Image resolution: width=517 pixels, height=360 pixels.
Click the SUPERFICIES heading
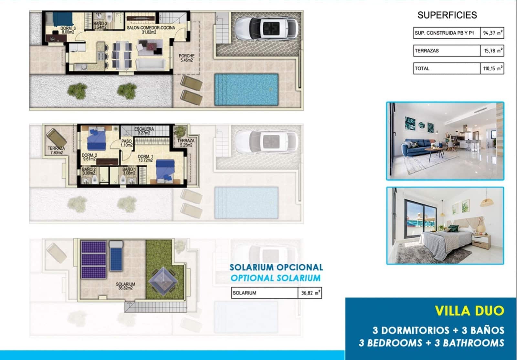[447, 15]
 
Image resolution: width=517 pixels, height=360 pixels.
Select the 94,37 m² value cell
[492, 33]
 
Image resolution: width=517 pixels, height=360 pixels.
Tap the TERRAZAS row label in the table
[427, 51]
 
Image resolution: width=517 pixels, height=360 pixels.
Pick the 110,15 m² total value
[492, 68]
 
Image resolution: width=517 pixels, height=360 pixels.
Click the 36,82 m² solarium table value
[310, 293]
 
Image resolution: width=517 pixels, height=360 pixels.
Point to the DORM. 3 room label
[68, 30]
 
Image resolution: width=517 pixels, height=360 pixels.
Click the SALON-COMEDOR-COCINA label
[151, 30]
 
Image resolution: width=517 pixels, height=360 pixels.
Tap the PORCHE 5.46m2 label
[186, 58]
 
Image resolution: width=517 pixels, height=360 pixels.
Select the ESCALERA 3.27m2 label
[144, 131]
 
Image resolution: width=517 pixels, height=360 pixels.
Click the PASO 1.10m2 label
[126, 143]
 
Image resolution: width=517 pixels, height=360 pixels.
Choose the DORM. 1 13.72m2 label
[145, 158]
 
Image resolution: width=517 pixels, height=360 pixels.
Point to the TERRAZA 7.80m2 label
[56, 150]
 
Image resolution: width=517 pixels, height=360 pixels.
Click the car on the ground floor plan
[266, 29]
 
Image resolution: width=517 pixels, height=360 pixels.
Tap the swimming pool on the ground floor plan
[247, 89]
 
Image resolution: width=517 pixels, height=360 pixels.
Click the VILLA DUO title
[470, 311]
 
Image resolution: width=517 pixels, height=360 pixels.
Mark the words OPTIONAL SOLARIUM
[276, 278]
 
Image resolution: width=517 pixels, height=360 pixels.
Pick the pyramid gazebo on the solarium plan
[163, 281]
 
